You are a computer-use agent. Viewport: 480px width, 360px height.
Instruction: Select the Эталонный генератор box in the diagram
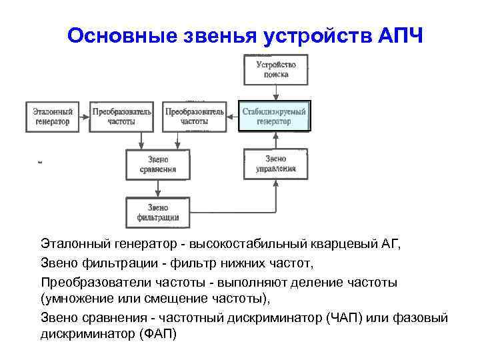51,117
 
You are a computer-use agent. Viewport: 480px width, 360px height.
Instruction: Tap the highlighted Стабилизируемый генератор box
274,117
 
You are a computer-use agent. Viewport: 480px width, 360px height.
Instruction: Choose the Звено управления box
275,164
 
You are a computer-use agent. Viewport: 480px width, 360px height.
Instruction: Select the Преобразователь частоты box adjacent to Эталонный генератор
123,117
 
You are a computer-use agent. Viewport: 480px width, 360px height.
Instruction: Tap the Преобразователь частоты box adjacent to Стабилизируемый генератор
195,117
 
